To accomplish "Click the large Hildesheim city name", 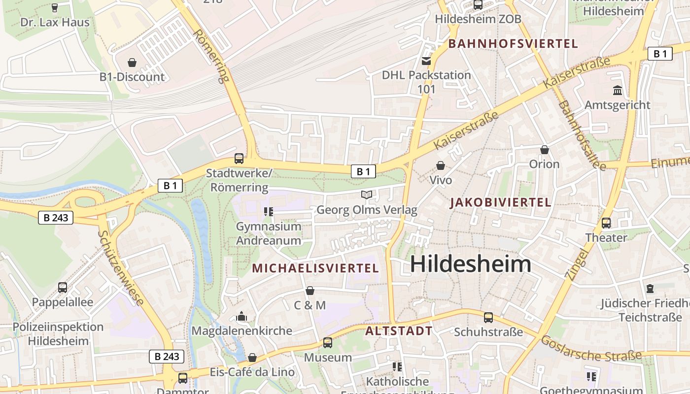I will [x=471, y=264].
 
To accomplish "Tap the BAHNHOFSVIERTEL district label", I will [x=513, y=44].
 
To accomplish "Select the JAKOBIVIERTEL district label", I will [x=501, y=202].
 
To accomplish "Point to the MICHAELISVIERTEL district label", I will [x=315, y=268].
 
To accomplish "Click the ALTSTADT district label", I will [x=399, y=331].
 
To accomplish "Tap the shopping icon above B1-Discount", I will [x=132, y=63].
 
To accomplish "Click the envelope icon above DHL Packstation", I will [x=426, y=61].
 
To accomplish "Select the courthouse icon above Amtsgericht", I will [x=617, y=91].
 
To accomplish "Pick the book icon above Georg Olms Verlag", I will [x=367, y=195].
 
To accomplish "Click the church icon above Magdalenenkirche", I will [x=241, y=316].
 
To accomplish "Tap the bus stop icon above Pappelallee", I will [x=63, y=287].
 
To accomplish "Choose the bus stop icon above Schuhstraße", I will [x=488, y=318].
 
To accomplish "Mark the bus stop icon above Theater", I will [x=606, y=223].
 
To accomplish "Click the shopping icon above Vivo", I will [x=441, y=165].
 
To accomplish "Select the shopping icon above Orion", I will [x=545, y=150].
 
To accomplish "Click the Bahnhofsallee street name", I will [x=582, y=135].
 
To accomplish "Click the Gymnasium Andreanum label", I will [x=269, y=233].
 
